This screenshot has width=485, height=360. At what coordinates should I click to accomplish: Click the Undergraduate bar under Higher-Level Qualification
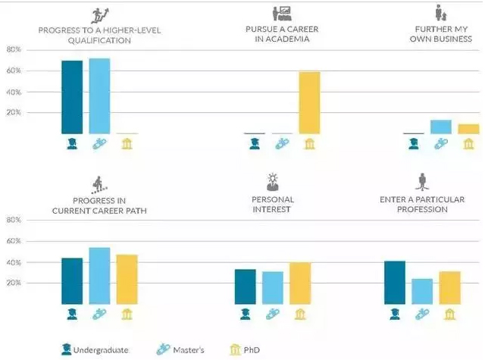(x=72, y=97)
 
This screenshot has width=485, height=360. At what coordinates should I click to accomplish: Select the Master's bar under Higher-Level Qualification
(x=99, y=96)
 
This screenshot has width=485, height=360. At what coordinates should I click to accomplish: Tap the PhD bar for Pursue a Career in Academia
(x=310, y=103)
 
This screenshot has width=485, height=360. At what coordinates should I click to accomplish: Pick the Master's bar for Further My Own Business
(x=441, y=127)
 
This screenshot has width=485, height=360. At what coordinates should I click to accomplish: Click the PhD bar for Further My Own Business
(x=468, y=129)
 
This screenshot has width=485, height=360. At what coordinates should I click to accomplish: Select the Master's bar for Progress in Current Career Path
(x=99, y=276)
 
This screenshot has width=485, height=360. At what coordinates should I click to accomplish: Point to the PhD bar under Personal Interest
(x=300, y=283)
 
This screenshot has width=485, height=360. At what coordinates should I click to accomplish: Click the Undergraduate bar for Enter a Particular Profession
(x=395, y=283)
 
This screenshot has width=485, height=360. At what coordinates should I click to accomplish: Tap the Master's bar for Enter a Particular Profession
(x=422, y=292)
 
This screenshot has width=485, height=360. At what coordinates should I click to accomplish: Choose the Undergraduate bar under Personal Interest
(x=246, y=286)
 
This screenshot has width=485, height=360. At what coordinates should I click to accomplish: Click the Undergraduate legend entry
(x=95, y=350)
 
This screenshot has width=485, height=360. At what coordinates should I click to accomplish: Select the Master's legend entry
(x=180, y=350)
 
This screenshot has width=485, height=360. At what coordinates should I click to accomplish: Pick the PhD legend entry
(x=245, y=350)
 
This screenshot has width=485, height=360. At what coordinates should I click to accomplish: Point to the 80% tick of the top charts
(x=14, y=49)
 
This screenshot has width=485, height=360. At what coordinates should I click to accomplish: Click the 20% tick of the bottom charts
(x=14, y=283)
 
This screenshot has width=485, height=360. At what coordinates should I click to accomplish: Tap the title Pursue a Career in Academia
(x=282, y=34)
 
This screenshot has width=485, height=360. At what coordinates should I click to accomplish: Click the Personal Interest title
(x=273, y=205)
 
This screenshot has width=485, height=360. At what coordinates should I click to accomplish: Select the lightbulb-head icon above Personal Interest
(x=273, y=182)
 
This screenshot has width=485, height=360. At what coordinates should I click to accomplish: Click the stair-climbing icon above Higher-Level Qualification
(x=99, y=15)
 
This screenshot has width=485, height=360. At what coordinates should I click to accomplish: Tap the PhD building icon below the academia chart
(x=310, y=144)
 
